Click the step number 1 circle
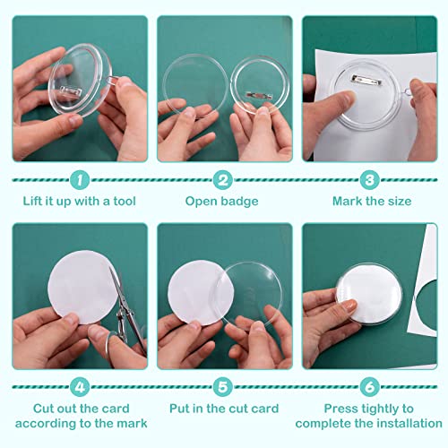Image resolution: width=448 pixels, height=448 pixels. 79,180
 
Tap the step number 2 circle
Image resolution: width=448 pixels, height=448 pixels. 224,180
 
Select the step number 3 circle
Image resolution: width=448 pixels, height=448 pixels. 371,180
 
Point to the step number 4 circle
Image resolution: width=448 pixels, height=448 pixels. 79,388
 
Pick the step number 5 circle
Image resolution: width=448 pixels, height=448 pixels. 224,388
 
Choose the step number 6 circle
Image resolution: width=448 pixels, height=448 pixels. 371,388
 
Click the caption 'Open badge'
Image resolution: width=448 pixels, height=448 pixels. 224,202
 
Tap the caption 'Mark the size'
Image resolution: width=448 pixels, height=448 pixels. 371,202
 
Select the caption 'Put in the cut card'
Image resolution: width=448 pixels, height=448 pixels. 224,409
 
